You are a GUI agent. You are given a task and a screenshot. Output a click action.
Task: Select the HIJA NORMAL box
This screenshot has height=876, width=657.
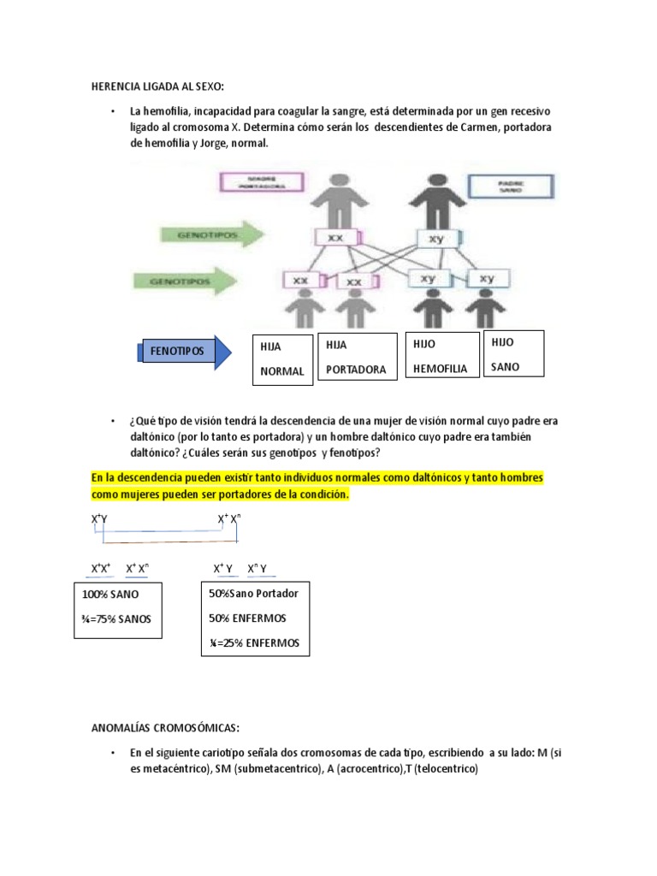282,359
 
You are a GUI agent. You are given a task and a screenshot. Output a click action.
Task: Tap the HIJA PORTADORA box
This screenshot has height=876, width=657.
357,357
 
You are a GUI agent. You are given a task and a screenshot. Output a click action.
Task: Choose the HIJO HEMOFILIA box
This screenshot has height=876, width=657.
441,356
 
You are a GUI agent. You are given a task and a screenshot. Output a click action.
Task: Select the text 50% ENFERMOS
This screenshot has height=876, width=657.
246,618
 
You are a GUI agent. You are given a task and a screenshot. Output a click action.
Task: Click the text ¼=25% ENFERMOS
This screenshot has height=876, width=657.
254,642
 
